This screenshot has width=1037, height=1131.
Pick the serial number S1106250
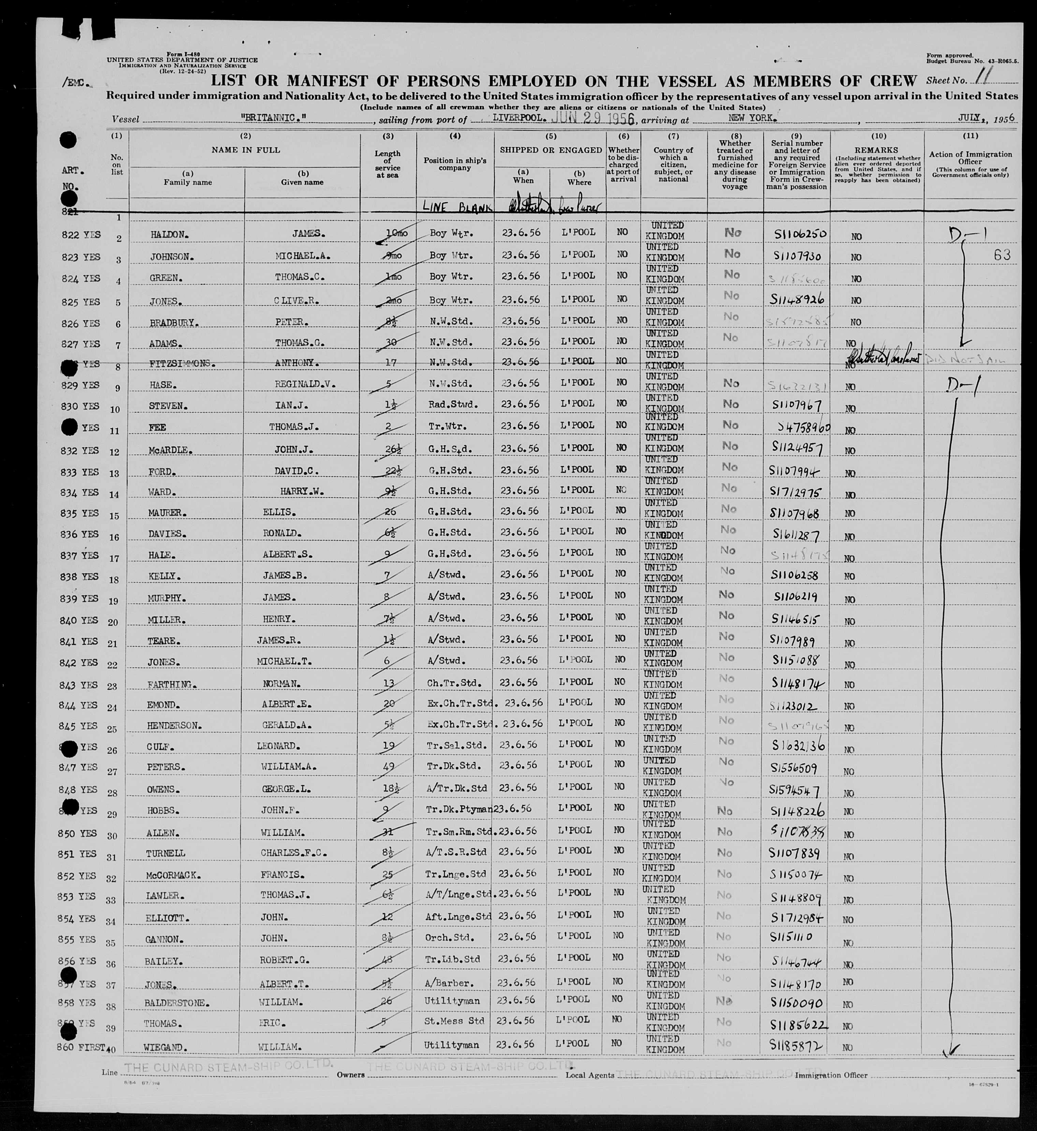point(796,235)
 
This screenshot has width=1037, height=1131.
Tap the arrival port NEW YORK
point(752,118)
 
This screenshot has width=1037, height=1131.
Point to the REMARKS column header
point(877,150)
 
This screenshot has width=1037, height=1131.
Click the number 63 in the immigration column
point(1002,255)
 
